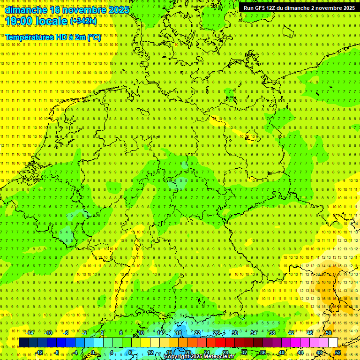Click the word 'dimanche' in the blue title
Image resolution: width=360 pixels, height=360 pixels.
coord(26,9)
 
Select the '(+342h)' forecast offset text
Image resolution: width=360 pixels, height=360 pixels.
coord(83,21)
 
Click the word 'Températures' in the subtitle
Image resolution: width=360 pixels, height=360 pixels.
coord(29,37)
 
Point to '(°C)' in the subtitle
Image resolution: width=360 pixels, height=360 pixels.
coord(94,37)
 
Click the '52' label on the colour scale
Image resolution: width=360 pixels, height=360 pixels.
coord(338,352)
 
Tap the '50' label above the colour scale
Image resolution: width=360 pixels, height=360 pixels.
coord(329,333)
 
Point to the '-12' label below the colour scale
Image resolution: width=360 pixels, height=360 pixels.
coord(39,352)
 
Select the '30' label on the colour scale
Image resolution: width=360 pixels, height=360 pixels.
coord(235,333)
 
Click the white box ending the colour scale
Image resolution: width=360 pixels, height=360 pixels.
coord(333,343)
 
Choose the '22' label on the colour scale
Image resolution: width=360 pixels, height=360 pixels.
coord(197,333)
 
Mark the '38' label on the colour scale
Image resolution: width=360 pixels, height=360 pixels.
coord(272,333)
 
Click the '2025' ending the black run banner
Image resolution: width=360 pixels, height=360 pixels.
coord(347,8)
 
